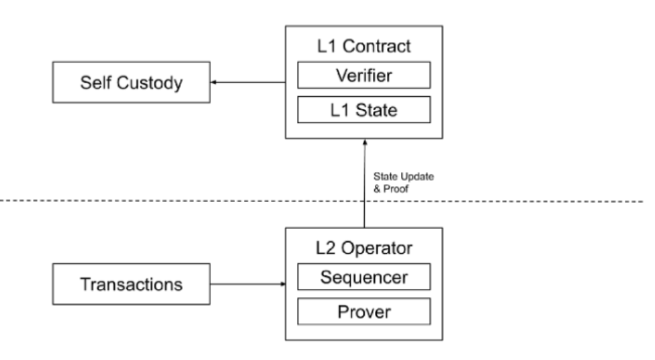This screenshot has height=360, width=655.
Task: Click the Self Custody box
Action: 131,83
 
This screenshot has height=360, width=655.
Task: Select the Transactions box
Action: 131,284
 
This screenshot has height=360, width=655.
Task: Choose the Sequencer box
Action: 363,277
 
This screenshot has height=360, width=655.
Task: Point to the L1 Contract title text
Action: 363,47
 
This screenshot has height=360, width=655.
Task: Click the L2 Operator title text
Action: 363,248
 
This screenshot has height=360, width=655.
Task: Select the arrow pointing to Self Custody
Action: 249,83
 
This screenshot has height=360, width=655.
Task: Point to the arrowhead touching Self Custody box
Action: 214,83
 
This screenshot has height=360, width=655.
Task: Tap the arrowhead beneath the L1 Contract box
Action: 364,142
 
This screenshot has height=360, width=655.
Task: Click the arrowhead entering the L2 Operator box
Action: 282,284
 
